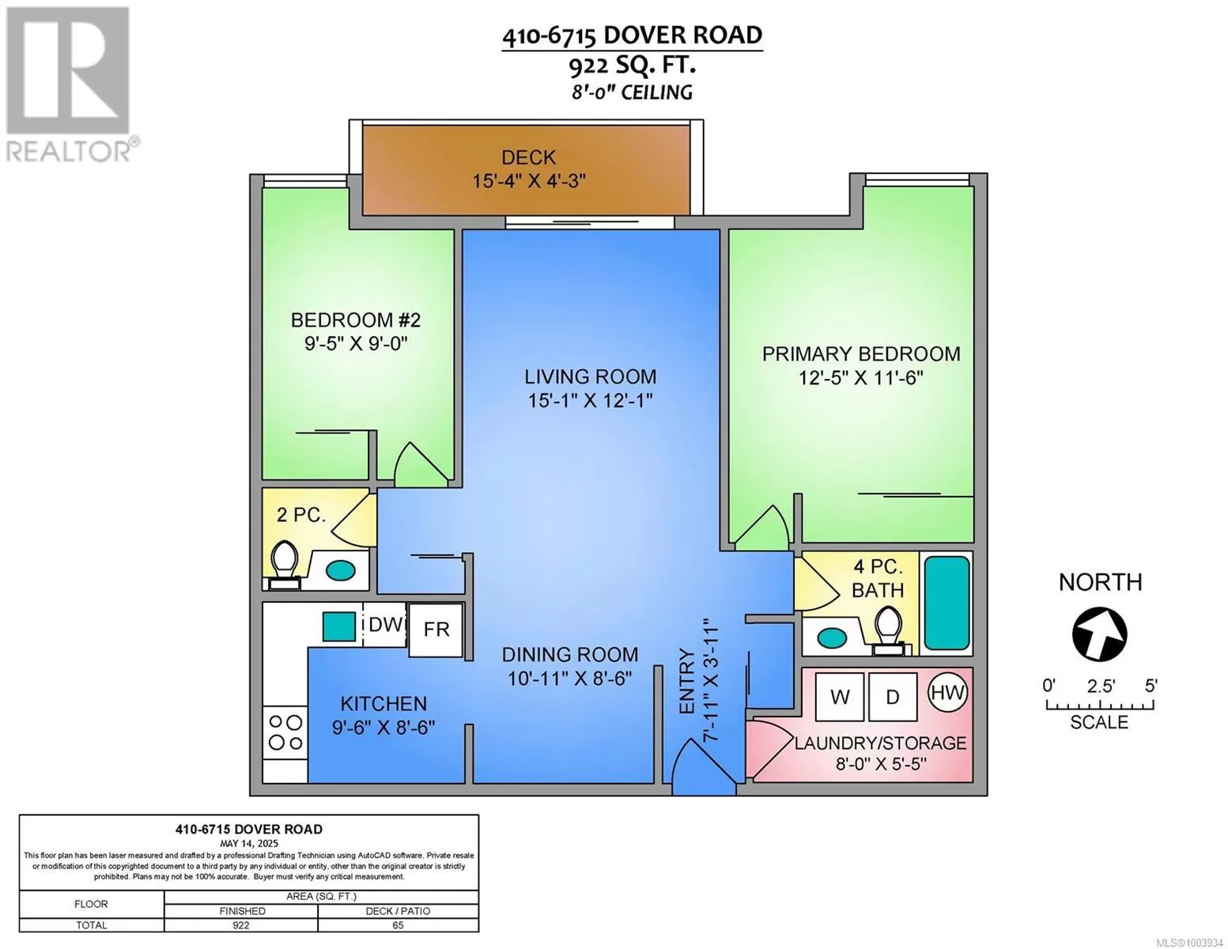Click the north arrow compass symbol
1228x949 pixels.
click(1099, 633)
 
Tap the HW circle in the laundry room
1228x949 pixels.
click(948, 692)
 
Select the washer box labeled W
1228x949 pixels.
click(840, 697)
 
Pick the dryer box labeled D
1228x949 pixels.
click(892, 697)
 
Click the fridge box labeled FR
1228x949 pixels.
click(436, 630)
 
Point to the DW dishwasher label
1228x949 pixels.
click(386, 624)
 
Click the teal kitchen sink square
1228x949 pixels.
click(339, 626)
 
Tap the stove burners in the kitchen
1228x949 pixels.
click(285, 732)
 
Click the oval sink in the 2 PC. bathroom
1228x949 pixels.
click(340, 569)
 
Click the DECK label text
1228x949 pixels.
click(528, 157)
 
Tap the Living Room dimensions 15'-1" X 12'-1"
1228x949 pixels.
click(590, 401)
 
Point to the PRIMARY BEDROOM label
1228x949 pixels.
click(860, 354)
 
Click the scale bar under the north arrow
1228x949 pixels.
click(1100, 705)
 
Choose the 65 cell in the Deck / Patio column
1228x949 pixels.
click(398, 925)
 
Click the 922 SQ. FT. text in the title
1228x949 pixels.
click(632, 66)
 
